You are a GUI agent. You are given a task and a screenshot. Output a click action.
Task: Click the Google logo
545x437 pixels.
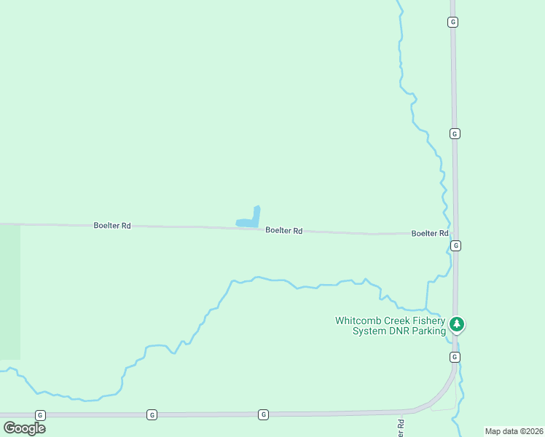25,428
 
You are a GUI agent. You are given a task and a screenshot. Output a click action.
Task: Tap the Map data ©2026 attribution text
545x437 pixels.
514,431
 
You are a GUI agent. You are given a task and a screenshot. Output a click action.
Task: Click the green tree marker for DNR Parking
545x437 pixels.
457,324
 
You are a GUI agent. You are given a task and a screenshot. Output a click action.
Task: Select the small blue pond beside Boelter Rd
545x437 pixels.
250,219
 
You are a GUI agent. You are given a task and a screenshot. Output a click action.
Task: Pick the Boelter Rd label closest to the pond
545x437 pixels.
283,230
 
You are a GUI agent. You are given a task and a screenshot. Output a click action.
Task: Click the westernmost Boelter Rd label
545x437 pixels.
112,226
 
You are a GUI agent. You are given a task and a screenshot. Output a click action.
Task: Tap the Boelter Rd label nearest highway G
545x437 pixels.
429,233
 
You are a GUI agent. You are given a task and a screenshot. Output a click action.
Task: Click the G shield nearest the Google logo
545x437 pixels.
40,414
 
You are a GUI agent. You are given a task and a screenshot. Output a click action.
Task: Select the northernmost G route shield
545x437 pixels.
452,23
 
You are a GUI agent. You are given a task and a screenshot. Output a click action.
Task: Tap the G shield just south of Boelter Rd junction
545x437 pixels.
455,246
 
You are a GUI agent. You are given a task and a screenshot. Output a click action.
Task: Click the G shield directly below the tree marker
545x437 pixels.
455,357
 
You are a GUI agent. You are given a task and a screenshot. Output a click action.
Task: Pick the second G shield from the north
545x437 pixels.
454,134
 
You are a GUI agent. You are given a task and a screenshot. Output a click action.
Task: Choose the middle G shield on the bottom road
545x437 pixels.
152,414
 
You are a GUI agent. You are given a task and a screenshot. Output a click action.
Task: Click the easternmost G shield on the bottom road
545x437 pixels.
264,414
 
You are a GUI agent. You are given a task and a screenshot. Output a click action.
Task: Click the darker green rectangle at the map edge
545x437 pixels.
10,291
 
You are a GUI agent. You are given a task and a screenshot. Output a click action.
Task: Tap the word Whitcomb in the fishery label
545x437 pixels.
358,320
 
